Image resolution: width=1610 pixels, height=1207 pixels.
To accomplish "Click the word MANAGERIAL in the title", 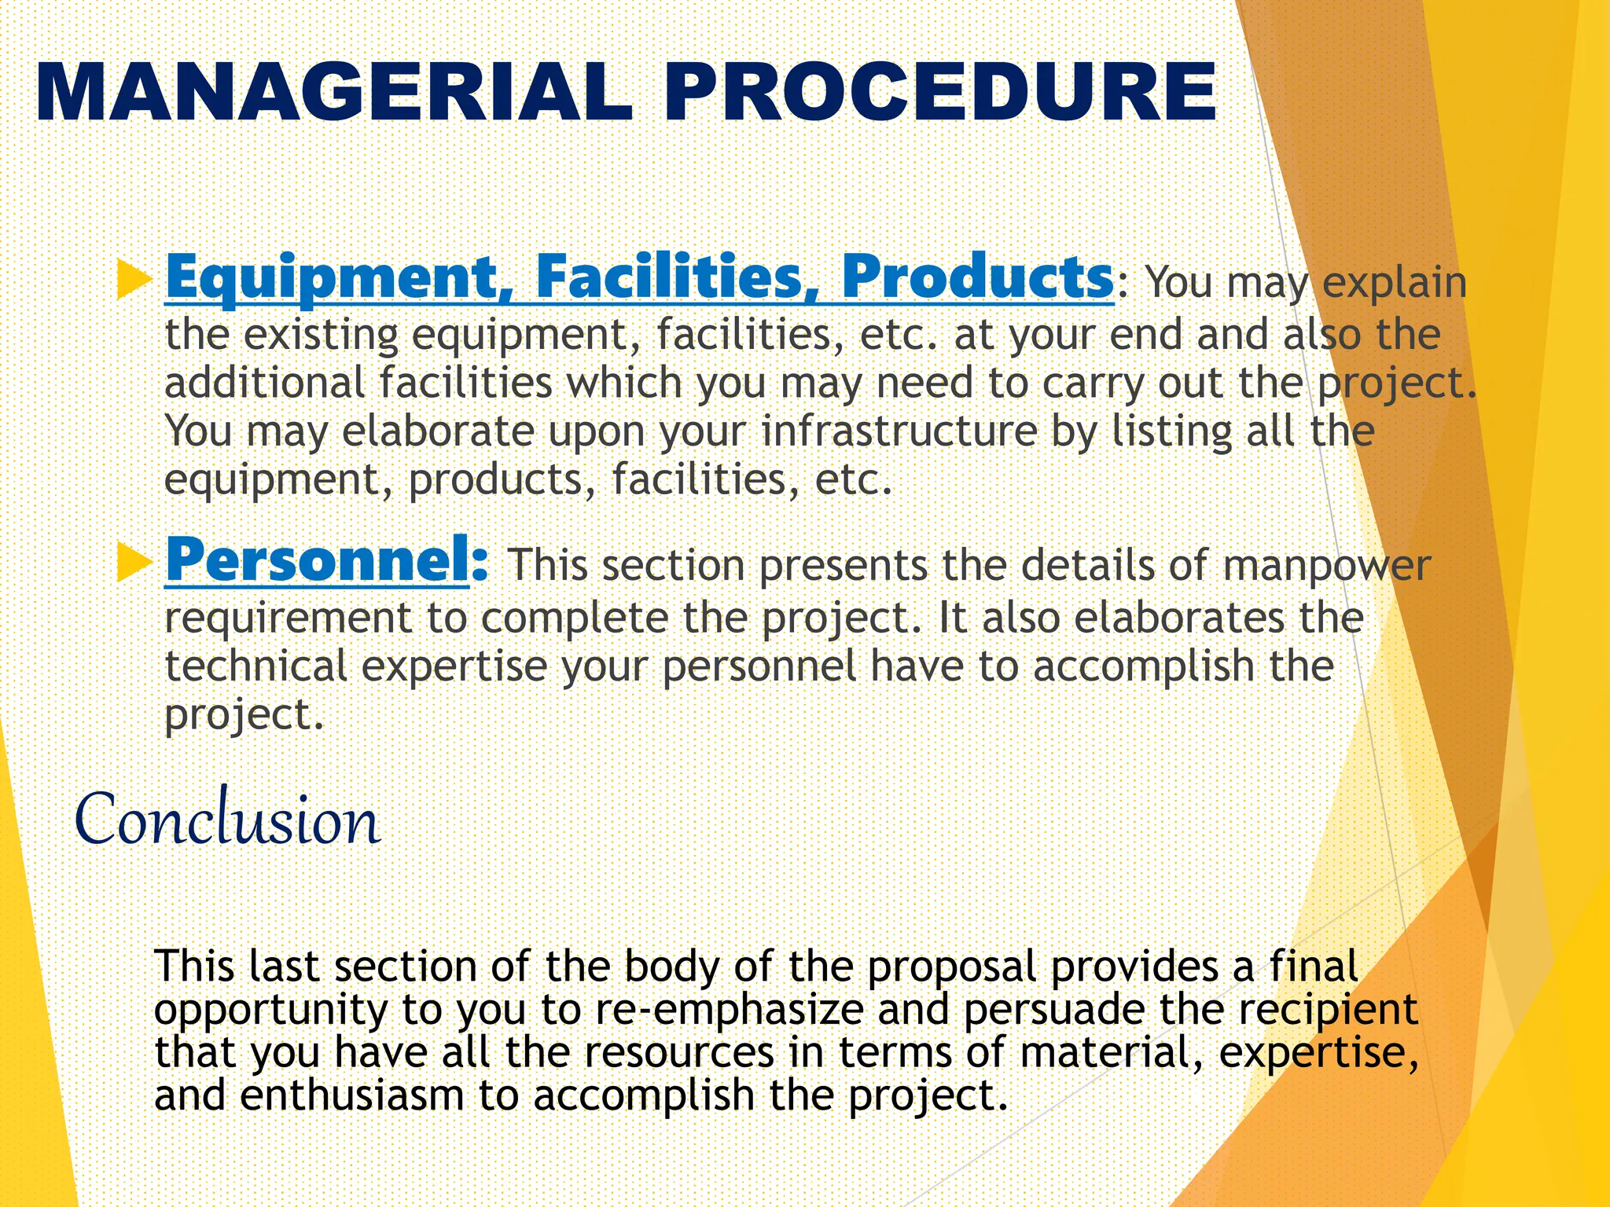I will click(x=334, y=93).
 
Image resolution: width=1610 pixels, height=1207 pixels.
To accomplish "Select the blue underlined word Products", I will click(x=977, y=277).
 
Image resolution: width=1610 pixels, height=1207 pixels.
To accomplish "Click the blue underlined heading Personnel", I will click(x=318, y=559).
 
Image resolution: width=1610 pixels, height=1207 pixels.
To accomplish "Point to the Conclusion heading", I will click(x=228, y=820).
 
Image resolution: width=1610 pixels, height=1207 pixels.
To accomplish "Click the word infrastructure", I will click(x=899, y=431).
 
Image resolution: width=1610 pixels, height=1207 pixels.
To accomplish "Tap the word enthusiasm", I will click(x=352, y=1095).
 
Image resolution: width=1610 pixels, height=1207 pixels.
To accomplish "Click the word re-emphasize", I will click(x=730, y=1010).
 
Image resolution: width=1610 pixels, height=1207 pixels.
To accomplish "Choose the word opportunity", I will click(x=270, y=1010).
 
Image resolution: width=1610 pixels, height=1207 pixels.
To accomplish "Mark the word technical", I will click(x=255, y=666).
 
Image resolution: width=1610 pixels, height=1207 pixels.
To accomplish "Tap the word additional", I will click(x=264, y=383).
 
